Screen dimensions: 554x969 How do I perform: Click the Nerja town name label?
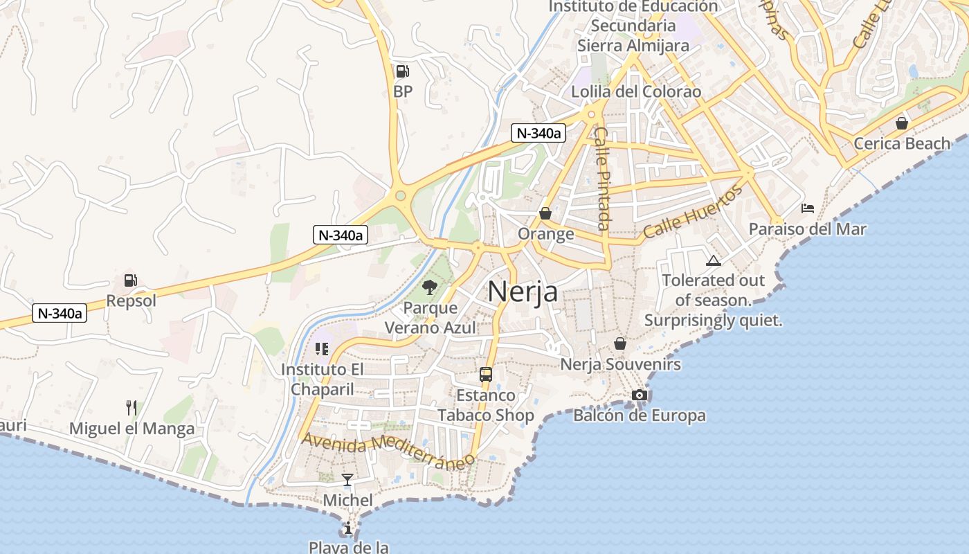(x=523, y=292)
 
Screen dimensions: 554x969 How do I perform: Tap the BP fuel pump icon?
(x=402, y=71)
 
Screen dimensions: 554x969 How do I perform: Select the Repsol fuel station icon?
(x=130, y=280)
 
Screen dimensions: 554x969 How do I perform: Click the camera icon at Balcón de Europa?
(x=639, y=395)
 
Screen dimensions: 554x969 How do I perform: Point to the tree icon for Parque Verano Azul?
(x=429, y=287)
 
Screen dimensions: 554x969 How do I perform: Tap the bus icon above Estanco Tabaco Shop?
(x=486, y=375)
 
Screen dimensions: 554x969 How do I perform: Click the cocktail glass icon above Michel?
(x=347, y=479)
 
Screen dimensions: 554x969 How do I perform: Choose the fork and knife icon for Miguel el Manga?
(x=132, y=407)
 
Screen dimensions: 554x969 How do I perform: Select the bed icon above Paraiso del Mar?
(x=807, y=208)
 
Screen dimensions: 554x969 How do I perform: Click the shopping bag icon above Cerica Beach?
(x=901, y=123)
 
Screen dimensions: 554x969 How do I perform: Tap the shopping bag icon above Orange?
(x=545, y=213)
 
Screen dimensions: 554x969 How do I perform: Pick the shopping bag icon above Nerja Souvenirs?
(x=620, y=343)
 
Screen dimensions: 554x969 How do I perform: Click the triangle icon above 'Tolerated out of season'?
(x=713, y=261)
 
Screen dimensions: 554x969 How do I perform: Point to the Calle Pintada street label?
(x=601, y=179)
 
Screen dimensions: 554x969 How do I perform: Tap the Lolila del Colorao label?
(x=636, y=91)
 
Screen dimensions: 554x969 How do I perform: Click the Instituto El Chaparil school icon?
(x=321, y=349)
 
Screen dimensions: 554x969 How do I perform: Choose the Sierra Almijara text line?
(x=633, y=46)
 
